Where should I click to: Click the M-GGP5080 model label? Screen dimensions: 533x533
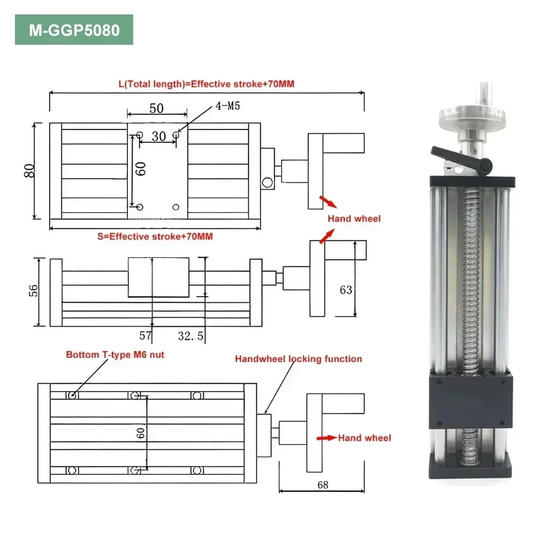coord(74,30)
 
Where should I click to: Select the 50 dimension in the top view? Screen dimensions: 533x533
coord(156,108)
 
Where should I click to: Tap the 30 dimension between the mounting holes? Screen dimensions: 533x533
coord(158,136)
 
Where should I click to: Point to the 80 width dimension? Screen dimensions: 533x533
coord(30,170)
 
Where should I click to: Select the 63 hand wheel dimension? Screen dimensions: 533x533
coord(346,290)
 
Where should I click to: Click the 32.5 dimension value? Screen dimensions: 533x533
coord(190,336)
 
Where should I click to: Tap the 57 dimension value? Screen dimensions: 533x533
coord(146,336)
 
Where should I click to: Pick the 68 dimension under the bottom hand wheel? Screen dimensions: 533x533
coord(322,484)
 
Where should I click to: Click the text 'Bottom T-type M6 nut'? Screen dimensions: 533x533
coord(115,354)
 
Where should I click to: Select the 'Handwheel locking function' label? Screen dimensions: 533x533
coord(298,359)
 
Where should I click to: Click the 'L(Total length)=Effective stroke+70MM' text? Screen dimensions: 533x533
coord(206,84)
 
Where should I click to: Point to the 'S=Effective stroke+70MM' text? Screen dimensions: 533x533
coord(155,236)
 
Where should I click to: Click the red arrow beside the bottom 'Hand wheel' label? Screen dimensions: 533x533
coord(326,438)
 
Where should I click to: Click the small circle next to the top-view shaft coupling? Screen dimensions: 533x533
coord(266,183)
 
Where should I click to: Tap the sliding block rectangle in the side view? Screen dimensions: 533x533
coord(158,277)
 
